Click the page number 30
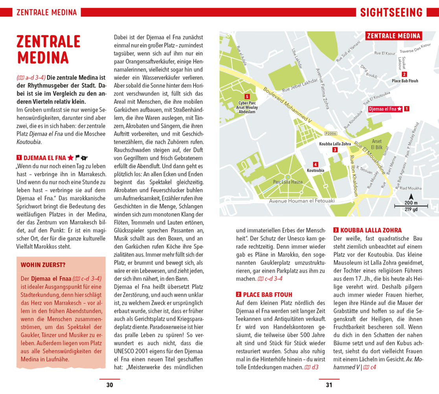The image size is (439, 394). (x=110, y=385)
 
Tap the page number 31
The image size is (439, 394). (x=329, y=385)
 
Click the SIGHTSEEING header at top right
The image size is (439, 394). (x=391, y=13)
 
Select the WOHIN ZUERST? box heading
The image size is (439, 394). (x=43, y=265)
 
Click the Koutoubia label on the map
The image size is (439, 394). (x=315, y=170)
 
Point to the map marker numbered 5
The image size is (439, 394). (x=247, y=97)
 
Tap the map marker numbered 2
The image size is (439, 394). (x=404, y=74)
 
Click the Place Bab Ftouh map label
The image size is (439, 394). (x=405, y=81)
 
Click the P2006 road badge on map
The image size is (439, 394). (x=331, y=134)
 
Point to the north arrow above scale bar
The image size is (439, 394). (x=411, y=197)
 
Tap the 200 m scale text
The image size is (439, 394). (x=411, y=203)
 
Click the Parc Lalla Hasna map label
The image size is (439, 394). (x=288, y=182)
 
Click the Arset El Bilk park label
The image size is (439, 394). (x=377, y=144)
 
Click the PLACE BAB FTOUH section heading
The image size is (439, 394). (x=267, y=294)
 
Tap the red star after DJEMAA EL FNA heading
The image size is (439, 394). (x=70, y=158)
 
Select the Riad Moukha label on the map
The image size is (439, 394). (x=411, y=188)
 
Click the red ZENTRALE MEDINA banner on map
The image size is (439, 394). (x=393, y=36)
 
